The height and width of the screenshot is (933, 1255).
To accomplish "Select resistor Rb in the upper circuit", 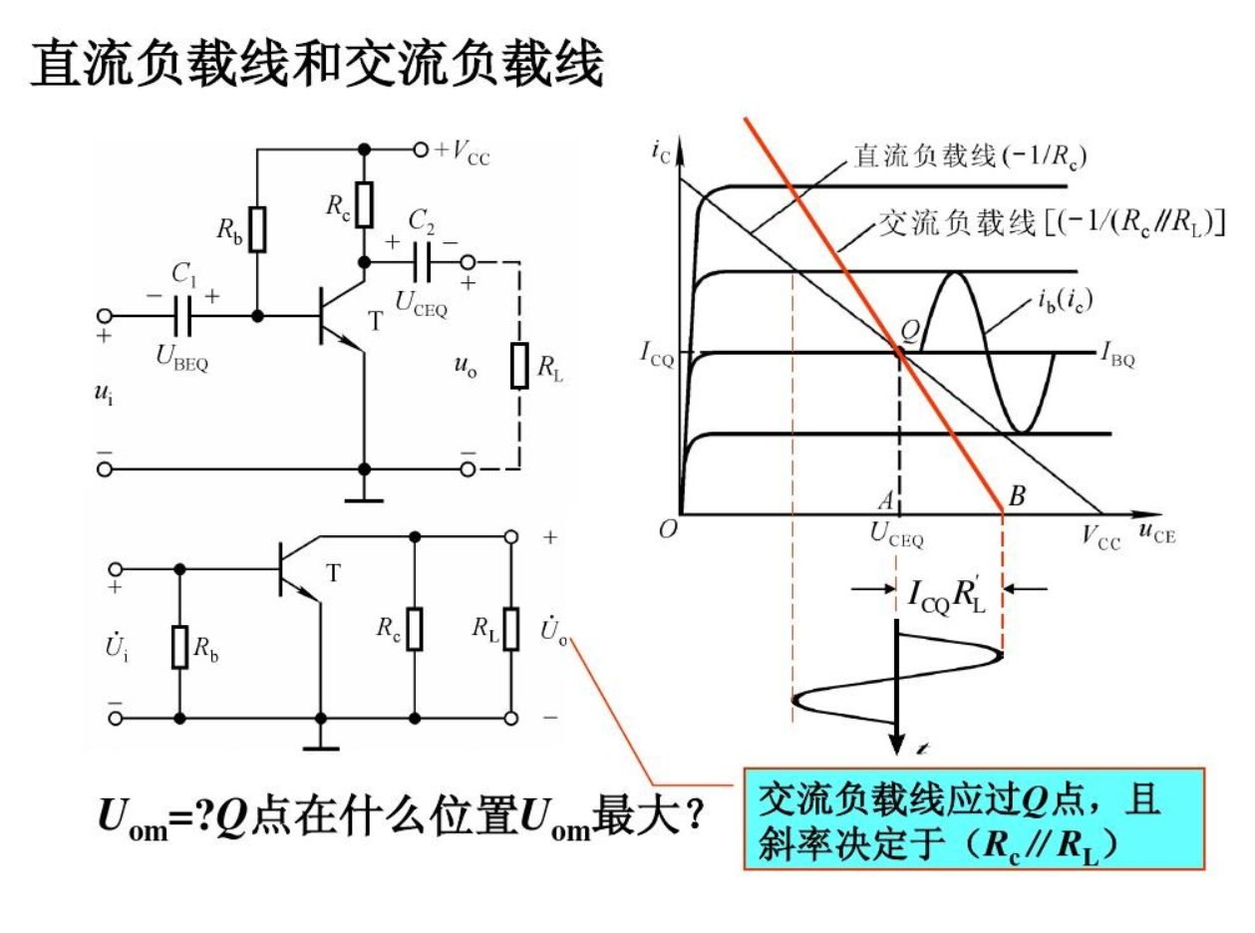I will coord(258,229).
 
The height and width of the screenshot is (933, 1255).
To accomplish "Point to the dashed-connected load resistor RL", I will coord(519,366).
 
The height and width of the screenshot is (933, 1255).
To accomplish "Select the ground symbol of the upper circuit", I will coord(364,495).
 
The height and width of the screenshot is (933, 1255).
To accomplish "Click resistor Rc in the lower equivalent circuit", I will coord(415,629).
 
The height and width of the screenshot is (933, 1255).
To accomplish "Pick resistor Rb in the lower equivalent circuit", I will coord(179,646).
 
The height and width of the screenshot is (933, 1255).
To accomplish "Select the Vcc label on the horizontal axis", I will coord(1102,540).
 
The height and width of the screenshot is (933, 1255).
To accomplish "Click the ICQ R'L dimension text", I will coord(947,594).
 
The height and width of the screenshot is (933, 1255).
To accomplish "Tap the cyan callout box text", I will coord(974,818).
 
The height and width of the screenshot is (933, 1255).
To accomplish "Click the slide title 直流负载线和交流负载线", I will coord(317,67).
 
